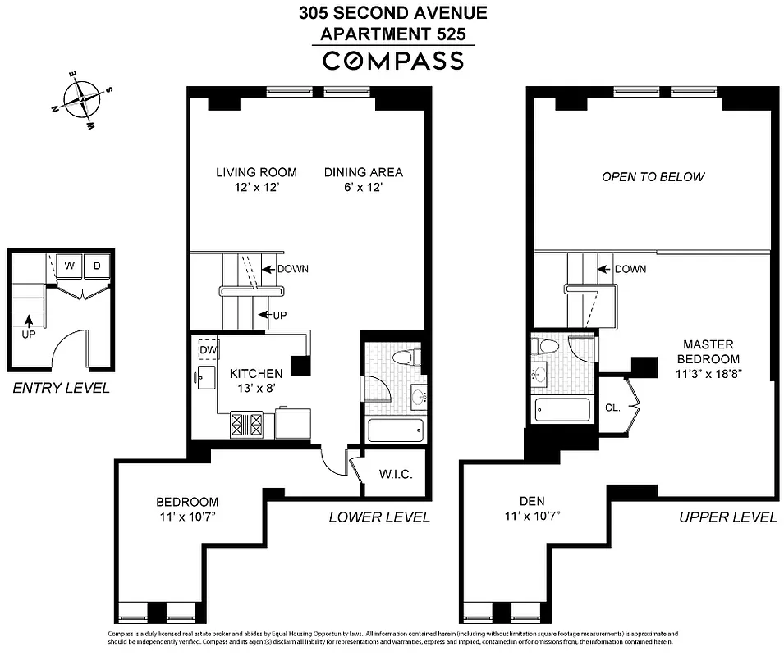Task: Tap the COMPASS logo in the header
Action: pos(392,60)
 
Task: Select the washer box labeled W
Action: pos(70,266)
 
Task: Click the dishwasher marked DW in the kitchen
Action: pos(208,350)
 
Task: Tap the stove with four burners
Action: pos(246,424)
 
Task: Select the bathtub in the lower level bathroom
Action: pos(396,430)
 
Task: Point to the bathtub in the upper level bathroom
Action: pos(563,408)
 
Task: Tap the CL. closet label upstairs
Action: pos(612,406)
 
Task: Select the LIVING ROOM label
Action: pos(256,172)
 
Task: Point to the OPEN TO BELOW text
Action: pos(653,176)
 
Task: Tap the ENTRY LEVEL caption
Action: pos(61,388)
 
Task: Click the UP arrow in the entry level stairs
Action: pos(30,326)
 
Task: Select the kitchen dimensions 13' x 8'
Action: pos(255,389)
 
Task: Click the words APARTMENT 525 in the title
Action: pos(392,34)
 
